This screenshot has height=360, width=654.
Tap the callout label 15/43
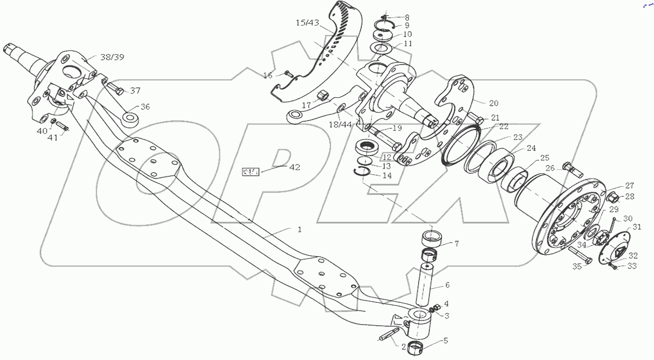click(308, 23)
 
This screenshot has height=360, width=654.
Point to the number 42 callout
click(294, 167)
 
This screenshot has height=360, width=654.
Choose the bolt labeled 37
click(116, 93)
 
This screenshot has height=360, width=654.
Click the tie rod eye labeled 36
click(129, 118)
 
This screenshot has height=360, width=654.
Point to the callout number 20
click(479, 102)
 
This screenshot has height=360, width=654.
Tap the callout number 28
click(630, 197)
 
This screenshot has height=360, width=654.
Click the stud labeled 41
click(61, 126)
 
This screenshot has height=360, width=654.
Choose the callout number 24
click(531, 148)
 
